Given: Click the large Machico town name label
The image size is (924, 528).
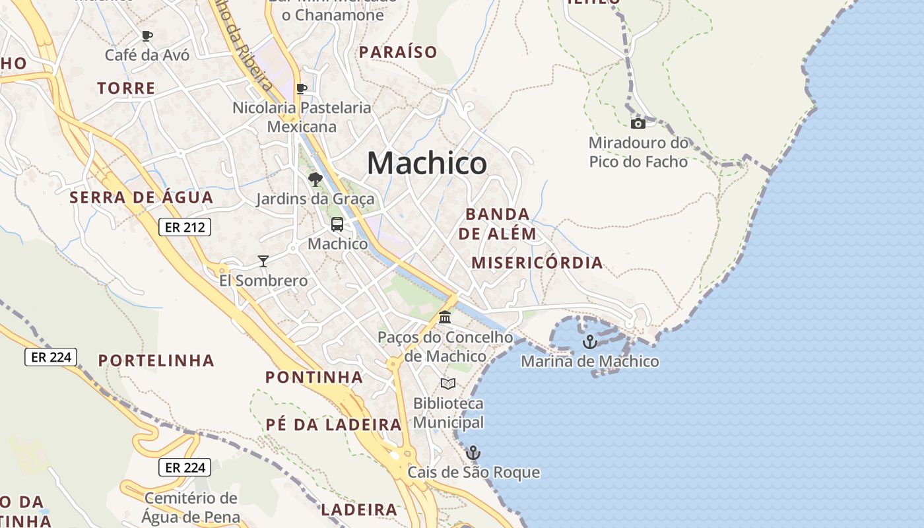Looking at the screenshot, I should (427, 163).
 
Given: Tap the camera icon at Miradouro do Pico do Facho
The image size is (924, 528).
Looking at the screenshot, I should (638, 123).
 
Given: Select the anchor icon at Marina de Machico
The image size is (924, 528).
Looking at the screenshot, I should (589, 342).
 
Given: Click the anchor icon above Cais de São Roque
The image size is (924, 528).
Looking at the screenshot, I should (473, 453).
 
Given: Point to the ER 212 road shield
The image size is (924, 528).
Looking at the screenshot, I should (185, 228).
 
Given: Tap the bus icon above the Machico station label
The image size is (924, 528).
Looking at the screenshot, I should (337, 224).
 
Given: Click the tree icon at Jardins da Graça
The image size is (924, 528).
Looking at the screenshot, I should (315, 179).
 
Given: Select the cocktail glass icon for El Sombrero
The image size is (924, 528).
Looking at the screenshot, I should (263, 261).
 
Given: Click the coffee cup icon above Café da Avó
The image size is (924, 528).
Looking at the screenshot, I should (147, 36).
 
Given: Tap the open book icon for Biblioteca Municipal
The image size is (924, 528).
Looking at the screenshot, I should (448, 383).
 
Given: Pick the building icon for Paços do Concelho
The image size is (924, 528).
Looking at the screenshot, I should (445, 317).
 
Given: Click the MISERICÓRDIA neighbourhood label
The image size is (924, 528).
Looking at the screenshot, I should (537, 263).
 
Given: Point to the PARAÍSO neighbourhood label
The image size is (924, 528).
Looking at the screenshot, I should (398, 52).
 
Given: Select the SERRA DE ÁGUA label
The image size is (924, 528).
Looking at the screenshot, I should (142, 197).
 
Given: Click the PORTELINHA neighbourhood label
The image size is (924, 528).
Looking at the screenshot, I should (156, 360).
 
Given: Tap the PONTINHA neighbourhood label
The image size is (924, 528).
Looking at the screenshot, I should (314, 378).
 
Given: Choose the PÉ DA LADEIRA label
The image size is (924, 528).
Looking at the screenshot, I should (334, 424).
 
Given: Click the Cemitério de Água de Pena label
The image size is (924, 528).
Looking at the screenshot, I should (190, 507).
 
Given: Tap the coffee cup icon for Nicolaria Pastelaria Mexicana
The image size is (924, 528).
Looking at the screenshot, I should (302, 88).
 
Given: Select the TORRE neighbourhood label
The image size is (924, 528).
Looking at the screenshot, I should (126, 88).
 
